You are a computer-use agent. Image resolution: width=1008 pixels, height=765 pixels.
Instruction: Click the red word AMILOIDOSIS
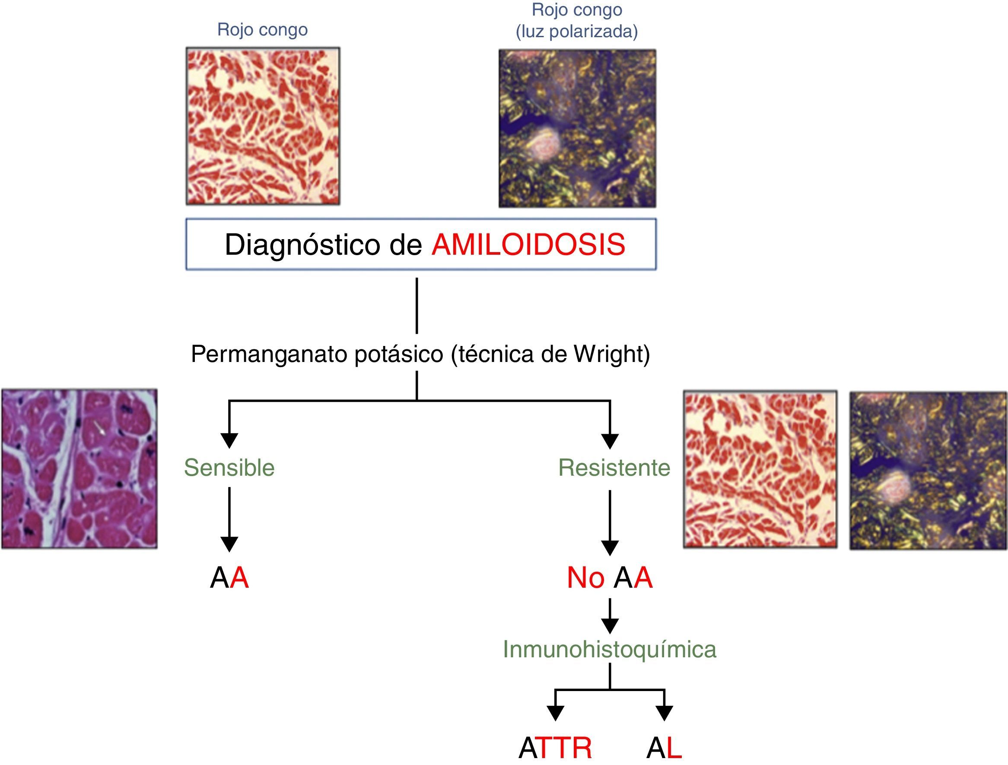(x=528, y=245)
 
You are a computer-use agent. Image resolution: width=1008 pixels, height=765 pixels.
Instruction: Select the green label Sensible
(x=229, y=467)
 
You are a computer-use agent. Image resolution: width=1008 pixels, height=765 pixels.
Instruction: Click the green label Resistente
(x=614, y=467)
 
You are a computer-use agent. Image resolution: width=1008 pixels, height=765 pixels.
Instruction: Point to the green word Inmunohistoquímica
(x=609, y=649)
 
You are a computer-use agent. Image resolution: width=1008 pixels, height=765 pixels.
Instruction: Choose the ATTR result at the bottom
(x=555, y=749)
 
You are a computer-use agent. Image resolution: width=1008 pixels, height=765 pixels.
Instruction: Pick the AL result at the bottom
(x=664, y=749)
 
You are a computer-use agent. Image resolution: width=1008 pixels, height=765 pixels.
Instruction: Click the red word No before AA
(x=585, y=578)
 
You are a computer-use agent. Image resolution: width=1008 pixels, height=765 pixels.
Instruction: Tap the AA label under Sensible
(x=229, y=578)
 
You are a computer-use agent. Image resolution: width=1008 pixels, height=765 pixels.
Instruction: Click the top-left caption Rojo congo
(x=263, y=30)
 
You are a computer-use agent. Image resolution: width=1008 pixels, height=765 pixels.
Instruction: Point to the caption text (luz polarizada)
(x=576, y=32)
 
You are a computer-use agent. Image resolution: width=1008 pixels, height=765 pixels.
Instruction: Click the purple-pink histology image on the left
(x=79, y=468)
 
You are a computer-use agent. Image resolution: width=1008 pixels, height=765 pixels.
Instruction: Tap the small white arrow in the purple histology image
(x=99, y=428)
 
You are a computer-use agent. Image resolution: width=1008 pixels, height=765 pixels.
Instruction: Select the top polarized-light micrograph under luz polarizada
(x=577, y=128)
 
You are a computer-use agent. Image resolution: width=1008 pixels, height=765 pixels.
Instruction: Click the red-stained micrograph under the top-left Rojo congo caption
(x=263, y=126)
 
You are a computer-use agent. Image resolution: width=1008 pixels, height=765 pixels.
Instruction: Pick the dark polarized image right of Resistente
(x=928, y=471)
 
